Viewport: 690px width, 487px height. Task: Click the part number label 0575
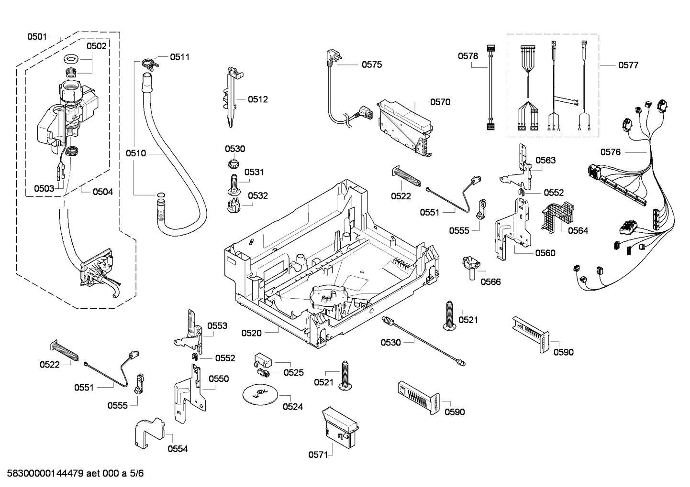tap(371, 65)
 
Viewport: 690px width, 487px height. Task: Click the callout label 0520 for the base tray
tap(251, 333)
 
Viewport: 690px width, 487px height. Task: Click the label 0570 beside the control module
tap(440, 102)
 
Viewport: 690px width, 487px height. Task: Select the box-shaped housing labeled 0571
tap(341, 427)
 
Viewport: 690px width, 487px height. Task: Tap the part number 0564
tap(578, 231)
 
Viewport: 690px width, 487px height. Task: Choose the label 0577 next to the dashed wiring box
tap(628, 65)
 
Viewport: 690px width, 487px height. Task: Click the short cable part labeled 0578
tap(490, 86)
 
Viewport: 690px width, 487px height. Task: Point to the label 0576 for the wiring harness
tap(610, 152)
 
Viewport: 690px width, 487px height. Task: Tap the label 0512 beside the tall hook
tap(257, 99)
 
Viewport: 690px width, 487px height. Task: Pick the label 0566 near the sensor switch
tap(490, 282)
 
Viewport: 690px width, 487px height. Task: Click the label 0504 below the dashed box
tap(102, 192)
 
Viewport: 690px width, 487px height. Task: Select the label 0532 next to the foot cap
tap(257, 195)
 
